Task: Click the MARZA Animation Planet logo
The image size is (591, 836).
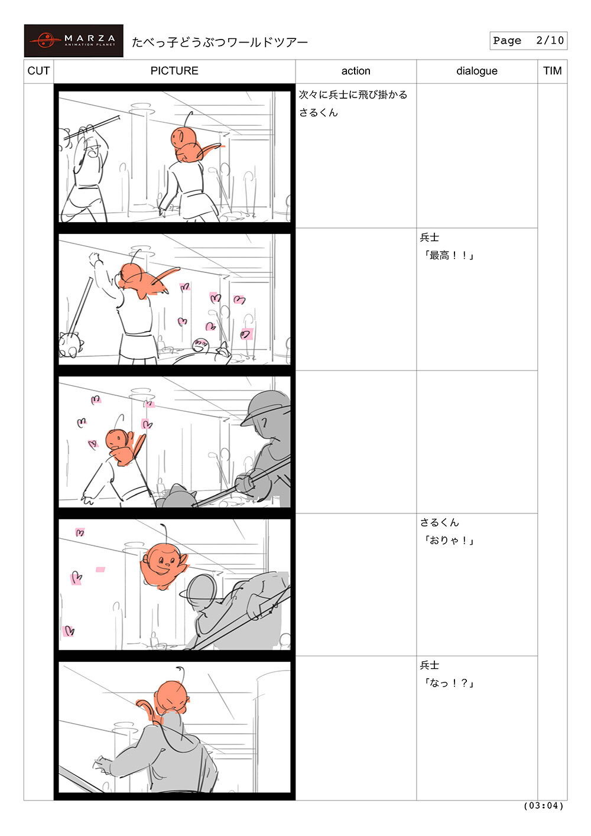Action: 73,41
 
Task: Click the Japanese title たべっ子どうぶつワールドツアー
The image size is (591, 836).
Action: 219,42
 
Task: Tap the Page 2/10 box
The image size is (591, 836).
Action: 528,40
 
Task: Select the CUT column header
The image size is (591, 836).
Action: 38,70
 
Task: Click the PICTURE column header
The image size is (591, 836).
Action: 174,70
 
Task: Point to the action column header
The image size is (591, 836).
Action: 356,71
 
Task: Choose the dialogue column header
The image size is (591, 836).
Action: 477,71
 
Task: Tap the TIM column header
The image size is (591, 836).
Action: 552,70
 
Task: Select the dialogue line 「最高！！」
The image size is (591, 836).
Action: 449,256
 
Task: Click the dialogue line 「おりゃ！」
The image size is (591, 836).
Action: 449,541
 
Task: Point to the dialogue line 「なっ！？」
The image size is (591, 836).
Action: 449,683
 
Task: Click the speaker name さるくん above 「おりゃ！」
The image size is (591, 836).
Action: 439,522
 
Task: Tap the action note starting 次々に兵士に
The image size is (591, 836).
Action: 353,103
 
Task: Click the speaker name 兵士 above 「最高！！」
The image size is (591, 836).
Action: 429,238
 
